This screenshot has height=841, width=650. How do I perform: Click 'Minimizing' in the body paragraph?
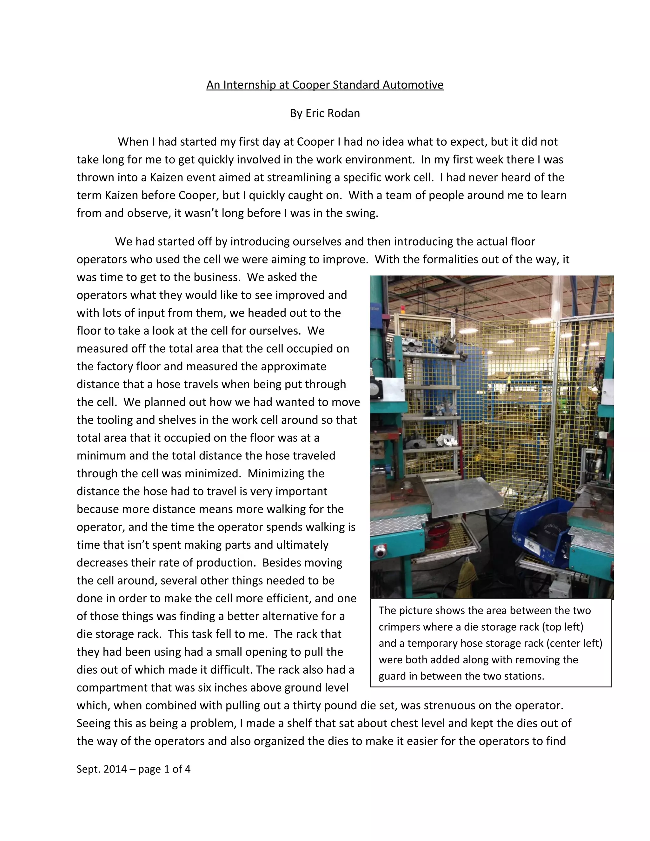pos(286,473)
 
